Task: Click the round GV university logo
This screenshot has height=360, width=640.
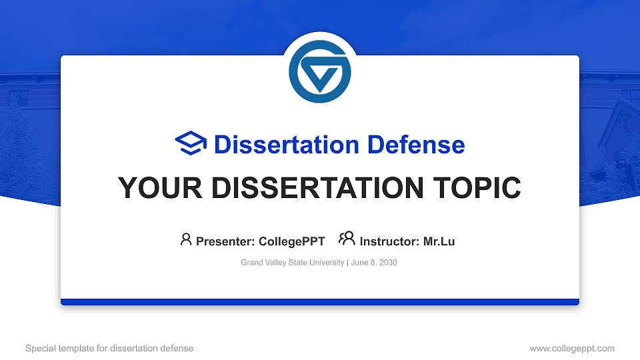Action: (x=320, y=71)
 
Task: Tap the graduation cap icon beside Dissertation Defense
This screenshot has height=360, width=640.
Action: (x=191, y=144)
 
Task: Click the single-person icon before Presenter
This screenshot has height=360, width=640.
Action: (x=186, y=239)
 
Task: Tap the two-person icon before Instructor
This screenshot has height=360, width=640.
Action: (x=347, y=239)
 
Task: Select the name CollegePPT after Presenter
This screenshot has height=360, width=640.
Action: (x=291, y=241)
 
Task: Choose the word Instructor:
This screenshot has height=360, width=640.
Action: (x=389, y=241)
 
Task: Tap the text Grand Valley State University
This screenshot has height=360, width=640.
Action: (x=292, y=263)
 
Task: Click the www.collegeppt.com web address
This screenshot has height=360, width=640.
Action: (x=571, y=348)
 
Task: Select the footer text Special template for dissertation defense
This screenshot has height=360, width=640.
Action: (x=109, y=348)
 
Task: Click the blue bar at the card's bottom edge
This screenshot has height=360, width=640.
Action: (x=320, y=302)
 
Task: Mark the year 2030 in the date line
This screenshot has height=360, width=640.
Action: (x=387, y=263)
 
